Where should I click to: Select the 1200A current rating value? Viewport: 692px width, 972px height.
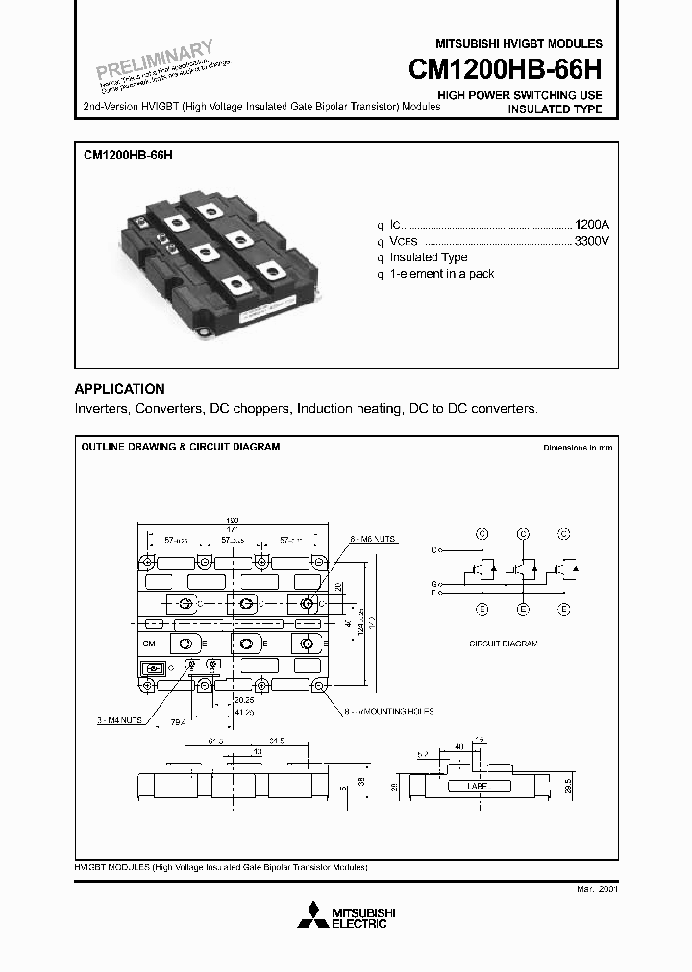coord(591,223)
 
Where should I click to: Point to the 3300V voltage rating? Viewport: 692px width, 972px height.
coord(591,240)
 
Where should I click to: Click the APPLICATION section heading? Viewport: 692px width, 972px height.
coord(120,389)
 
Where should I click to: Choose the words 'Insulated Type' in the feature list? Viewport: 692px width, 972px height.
coord(429,257)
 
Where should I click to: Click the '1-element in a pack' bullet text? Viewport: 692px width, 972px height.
coord(442,274)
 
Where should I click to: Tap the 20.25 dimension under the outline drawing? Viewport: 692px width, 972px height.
coord(242,701)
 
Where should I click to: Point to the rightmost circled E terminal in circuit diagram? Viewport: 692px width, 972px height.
coord(564,608)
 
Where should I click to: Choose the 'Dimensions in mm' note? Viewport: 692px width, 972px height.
coord(578,448)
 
